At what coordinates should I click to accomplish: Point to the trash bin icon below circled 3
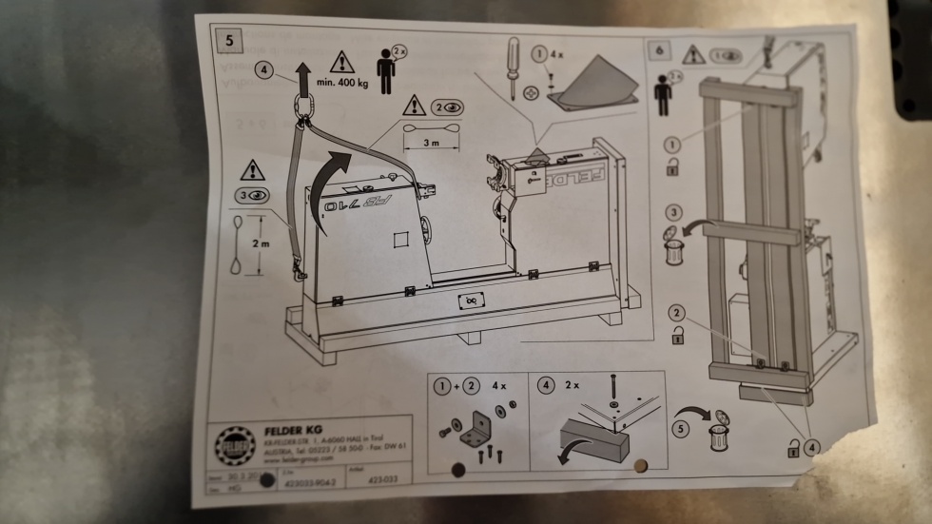(672, 251)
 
